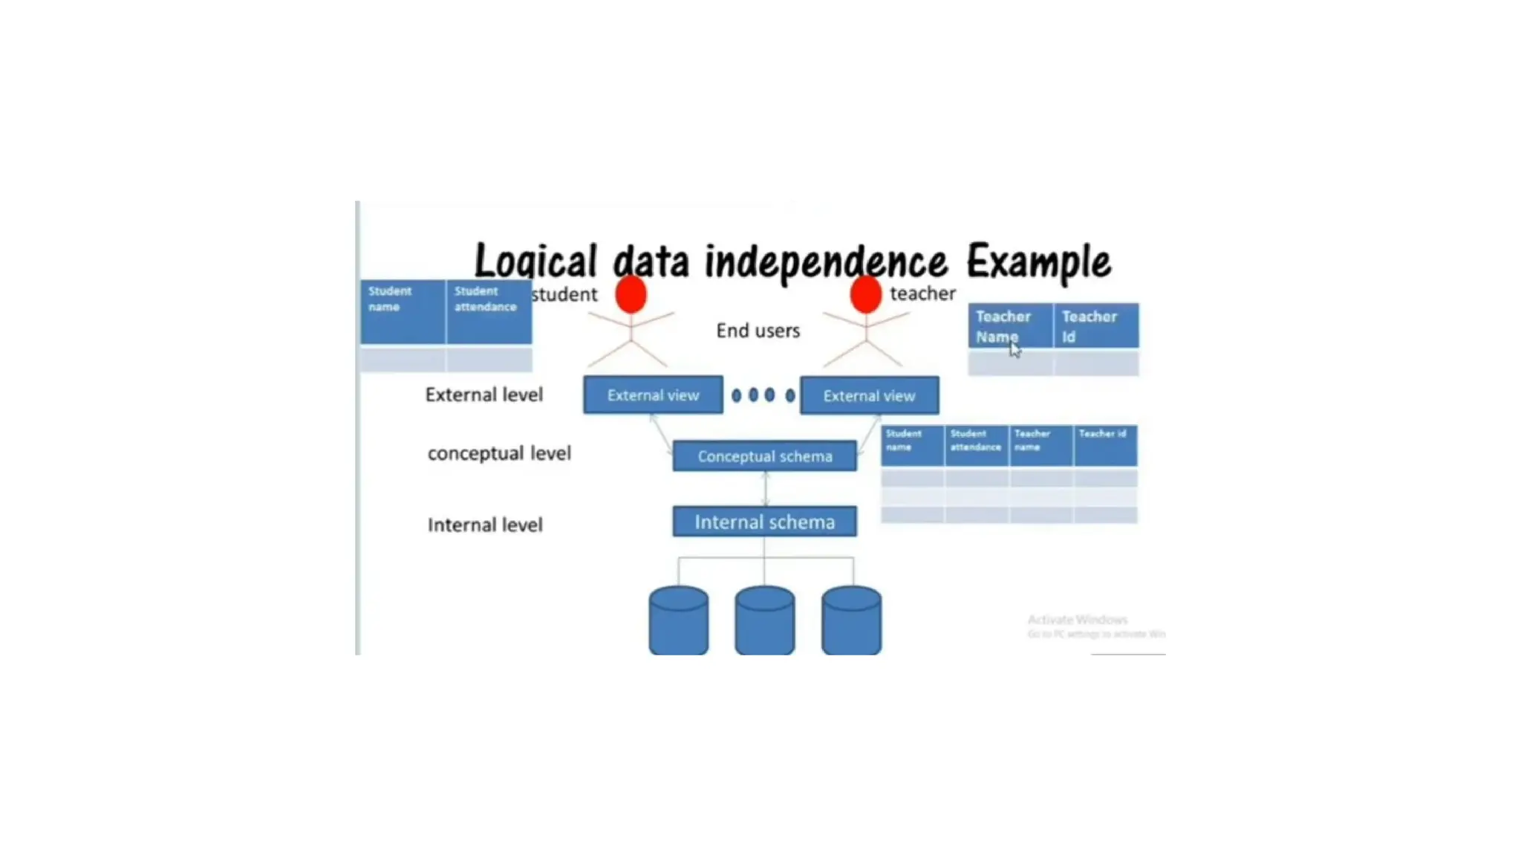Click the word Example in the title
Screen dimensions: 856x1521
pyautogui.click(x=1038, y=262)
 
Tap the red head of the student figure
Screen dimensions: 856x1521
pyautogui.click(x=631, y=294)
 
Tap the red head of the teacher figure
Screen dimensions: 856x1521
pyautogui.click(x=865, y=294)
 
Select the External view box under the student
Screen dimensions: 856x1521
pyautogui.click(x=653, y=395)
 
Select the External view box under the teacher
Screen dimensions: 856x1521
pyautogui.click(x=869, y=396)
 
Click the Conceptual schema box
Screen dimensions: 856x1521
pyautogui.click(x=764, y=456)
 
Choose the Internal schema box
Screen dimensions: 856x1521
pyautogui.click(x=764, y=522)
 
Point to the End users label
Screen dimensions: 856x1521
pyautogui.click(x=758, y=331)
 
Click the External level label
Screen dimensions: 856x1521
pyautogui.click(x=483, y=395)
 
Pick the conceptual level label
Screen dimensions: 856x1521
pyautogui.click(x=499, y=453)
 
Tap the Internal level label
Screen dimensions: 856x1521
pyautogui.click(x=485, y=525)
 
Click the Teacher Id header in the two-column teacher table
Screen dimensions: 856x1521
pyautogui.click(x=1095, y=326)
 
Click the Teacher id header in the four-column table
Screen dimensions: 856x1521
pyautogui.click(x=1104, y=444)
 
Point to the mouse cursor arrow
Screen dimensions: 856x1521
pyautogui.click(x=1014, y=351)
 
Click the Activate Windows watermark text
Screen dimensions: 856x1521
pyautogui.click(x=1078, y=620)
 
